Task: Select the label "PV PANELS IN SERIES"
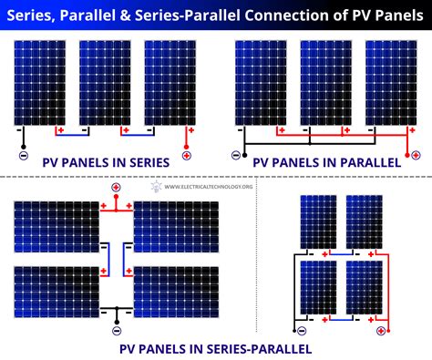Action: tap(106, 162)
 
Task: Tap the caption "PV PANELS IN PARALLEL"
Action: tap(326, 162)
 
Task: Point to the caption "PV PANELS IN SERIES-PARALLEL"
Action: tap(215, 348)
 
